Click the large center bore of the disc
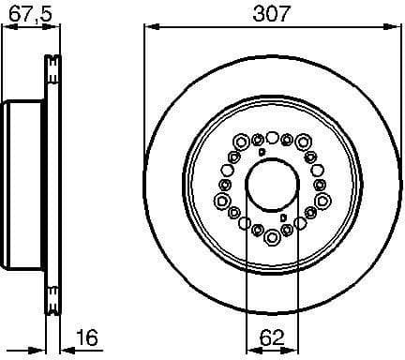tap(272, 187)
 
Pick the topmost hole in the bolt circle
tap(272, 136)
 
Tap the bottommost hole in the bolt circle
tap(272, 238)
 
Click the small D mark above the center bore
tap(262, 152)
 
